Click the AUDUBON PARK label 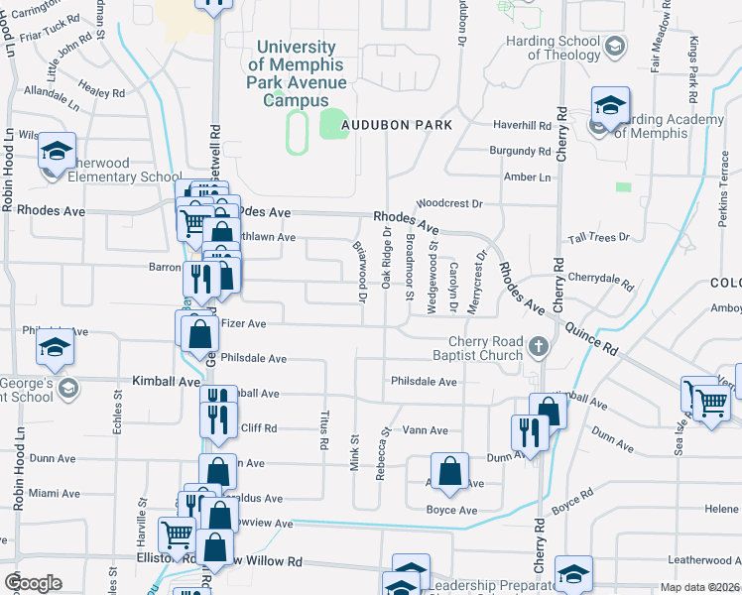pos(397,125)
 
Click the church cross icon pos(539,346)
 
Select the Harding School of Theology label pos(551,49)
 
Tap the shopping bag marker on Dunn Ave pos(449,472)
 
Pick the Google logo pos(33,583)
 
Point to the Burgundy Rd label pos(520,152)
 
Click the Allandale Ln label pos(52,95)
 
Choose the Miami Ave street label pos(55,493)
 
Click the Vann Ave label pos(426,430)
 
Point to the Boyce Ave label pos(451,511)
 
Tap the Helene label pos(721,509)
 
